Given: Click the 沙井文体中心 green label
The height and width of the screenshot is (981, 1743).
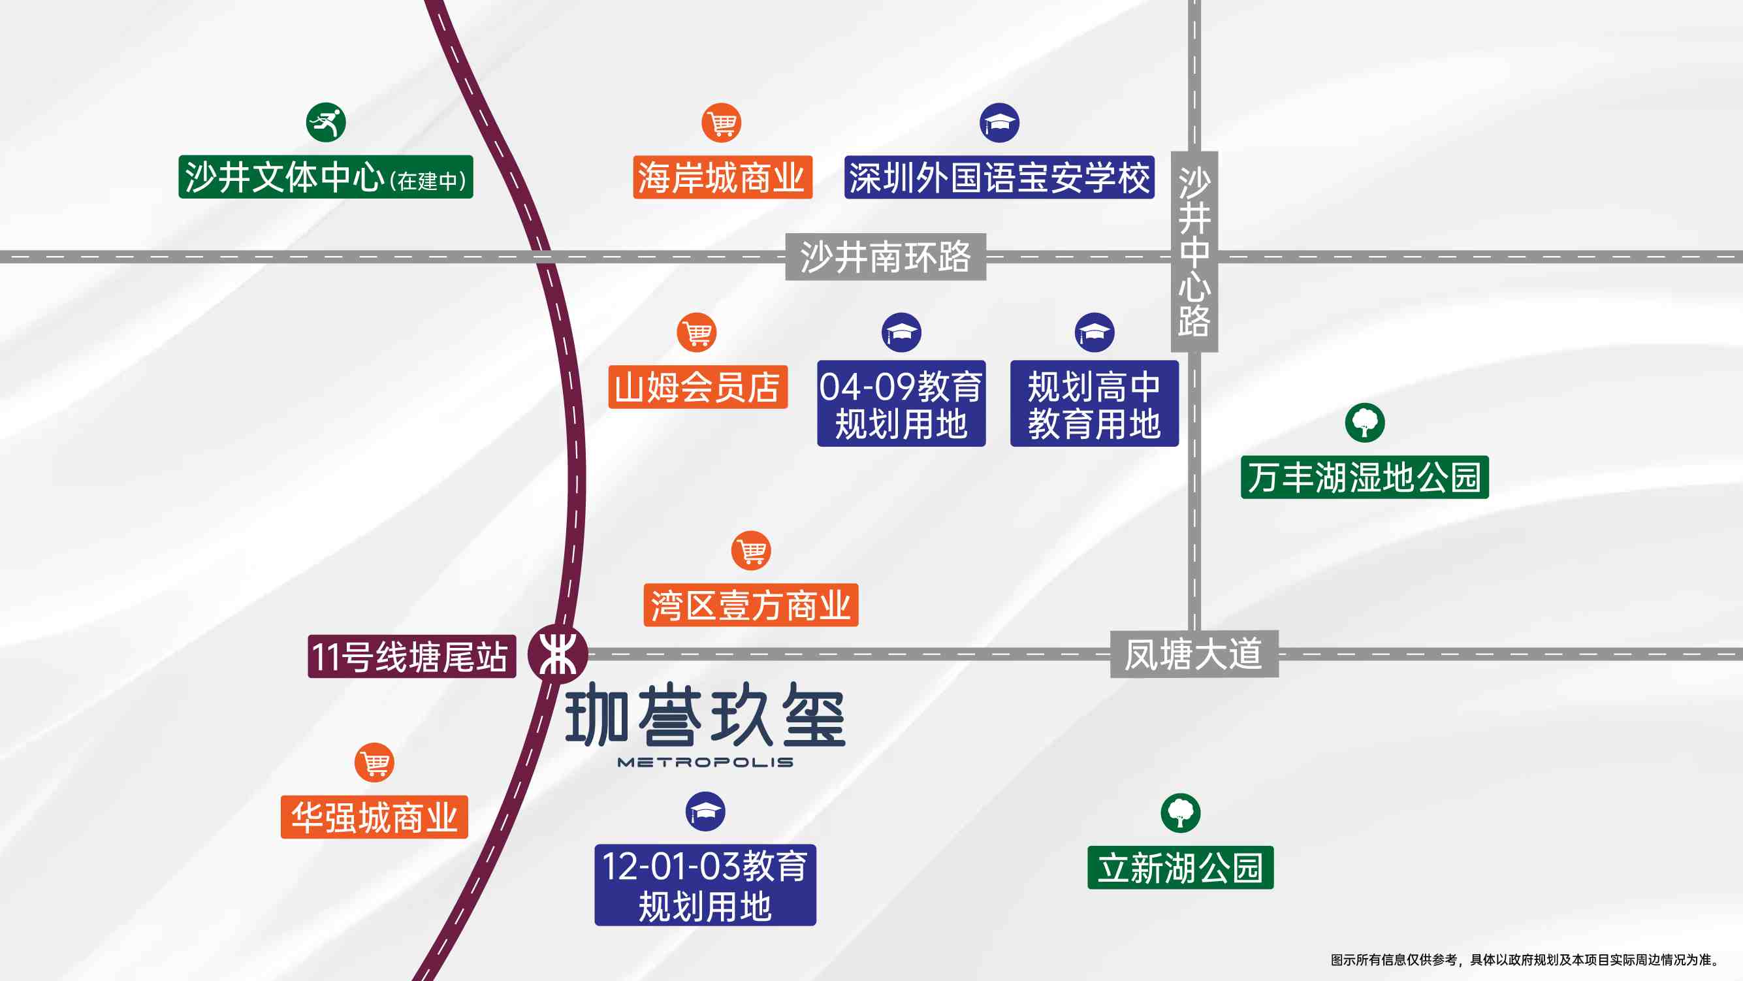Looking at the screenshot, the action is (x=325, y=177).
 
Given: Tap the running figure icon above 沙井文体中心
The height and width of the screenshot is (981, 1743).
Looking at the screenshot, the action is (x=325, y=122).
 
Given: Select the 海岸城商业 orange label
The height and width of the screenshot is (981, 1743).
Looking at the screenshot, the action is (x=722, y=177).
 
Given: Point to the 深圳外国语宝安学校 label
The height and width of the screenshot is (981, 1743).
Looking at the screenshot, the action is (x=999, y=177).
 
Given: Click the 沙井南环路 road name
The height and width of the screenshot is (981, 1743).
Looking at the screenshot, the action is (x=886, y=257).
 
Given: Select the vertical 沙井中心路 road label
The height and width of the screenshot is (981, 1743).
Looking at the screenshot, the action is (x=1194, y=251).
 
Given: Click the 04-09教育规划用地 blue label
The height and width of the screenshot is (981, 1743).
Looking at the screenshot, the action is (x=901, y=403).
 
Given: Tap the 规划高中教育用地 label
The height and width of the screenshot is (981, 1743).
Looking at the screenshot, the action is (x=1094, y=403).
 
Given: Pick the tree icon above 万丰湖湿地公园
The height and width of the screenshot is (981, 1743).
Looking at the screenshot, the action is (x=1365, y=423).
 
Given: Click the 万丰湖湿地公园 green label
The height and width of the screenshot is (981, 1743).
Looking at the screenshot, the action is (x=1365, y=477).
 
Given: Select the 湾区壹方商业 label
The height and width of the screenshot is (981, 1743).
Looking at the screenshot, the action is (x=751, y=605).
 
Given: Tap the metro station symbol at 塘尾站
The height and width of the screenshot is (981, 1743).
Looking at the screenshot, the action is (x=558, y=654).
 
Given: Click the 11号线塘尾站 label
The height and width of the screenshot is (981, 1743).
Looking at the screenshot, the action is (x=412, y=656).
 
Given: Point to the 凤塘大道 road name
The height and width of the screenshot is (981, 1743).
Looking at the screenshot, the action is (x=1194, y=654).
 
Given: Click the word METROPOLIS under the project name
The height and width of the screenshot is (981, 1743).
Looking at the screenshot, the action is (x=706, y=762).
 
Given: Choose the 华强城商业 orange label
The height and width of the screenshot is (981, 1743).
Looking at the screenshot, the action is (x=374, y=817).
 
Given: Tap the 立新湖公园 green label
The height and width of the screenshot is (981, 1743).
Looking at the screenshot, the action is (x=1181, y=867).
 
